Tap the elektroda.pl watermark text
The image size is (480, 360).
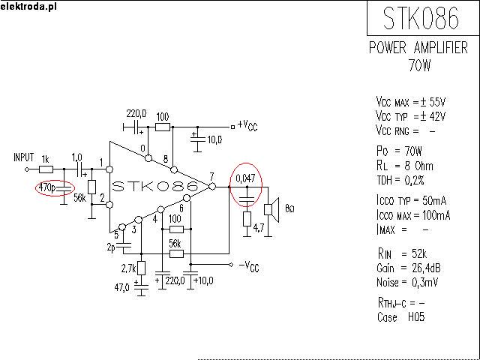(29, 7)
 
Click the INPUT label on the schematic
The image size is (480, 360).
(25, 157)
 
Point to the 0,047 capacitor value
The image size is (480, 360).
(245, 179)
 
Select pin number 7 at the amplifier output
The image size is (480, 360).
(212, 177)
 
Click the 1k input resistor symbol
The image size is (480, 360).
(46, 169)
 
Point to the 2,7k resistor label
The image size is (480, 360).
(127, 268)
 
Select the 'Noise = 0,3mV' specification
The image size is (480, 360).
(412, 282)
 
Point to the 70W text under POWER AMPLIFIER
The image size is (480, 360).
(419, 65)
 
